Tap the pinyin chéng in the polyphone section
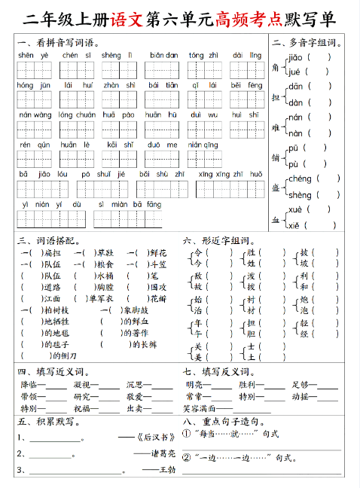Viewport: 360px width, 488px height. (x=300, y=178)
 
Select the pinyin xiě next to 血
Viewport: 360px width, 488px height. (x=294, y=225)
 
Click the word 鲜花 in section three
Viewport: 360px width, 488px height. (x=157, y=252)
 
